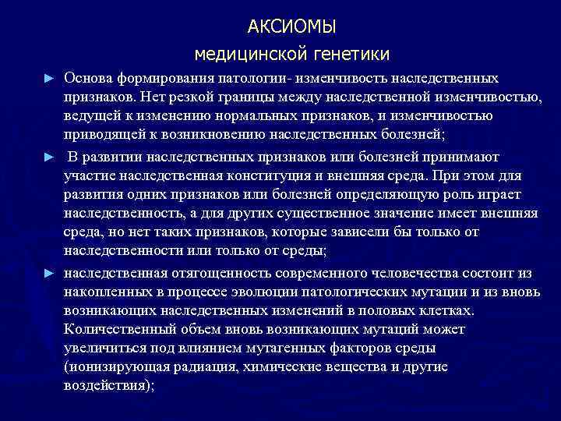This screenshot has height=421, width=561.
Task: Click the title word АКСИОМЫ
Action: click(291, 27)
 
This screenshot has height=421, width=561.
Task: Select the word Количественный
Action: click(117, 330)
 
